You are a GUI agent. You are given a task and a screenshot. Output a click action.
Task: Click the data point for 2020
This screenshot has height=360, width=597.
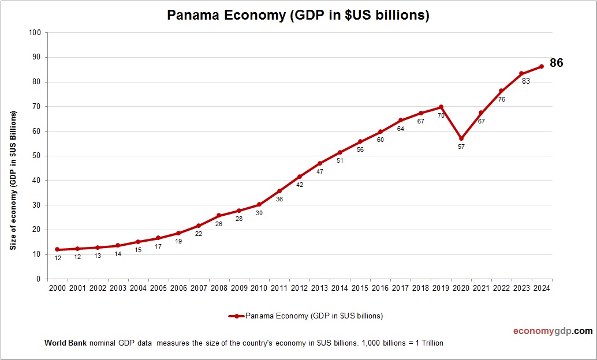(x=461, y=138)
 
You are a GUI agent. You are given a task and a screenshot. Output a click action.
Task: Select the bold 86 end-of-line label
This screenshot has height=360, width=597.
(x=556, y=63)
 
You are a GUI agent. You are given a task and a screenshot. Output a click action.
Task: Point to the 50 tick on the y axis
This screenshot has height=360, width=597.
(x=36, y=156)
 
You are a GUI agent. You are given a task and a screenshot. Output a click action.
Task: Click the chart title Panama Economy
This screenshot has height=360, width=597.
(x=298, y=15)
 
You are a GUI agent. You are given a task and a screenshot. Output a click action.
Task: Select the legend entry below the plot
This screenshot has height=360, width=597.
(x=306, y=316)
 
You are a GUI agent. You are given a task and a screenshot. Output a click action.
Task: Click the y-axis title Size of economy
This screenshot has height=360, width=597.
(x=13, y=180)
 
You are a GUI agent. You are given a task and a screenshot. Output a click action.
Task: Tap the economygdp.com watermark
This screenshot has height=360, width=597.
(x=553, y=331)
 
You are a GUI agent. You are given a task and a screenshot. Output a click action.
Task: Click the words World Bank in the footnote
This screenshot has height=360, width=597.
(x=65, y=343)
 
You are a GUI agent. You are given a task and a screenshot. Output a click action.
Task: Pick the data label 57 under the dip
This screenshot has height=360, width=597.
(x=461, y=147)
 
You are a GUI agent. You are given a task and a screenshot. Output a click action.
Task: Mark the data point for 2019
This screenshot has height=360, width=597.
(x=441, y=107)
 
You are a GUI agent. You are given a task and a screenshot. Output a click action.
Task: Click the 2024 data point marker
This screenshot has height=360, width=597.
(x=542, y=66)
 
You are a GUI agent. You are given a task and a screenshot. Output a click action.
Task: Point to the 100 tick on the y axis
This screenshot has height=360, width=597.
(x=34, y=33)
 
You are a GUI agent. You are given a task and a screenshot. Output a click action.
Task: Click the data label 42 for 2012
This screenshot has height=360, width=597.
(x=300, y=185)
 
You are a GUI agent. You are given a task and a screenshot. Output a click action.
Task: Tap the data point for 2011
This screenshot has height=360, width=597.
(x=279, y=191)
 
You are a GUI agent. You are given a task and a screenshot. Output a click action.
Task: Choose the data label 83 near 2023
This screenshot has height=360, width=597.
(x=525, y=81)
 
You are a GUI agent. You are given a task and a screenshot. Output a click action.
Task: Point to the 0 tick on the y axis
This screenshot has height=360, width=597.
(x=38, y=279)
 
